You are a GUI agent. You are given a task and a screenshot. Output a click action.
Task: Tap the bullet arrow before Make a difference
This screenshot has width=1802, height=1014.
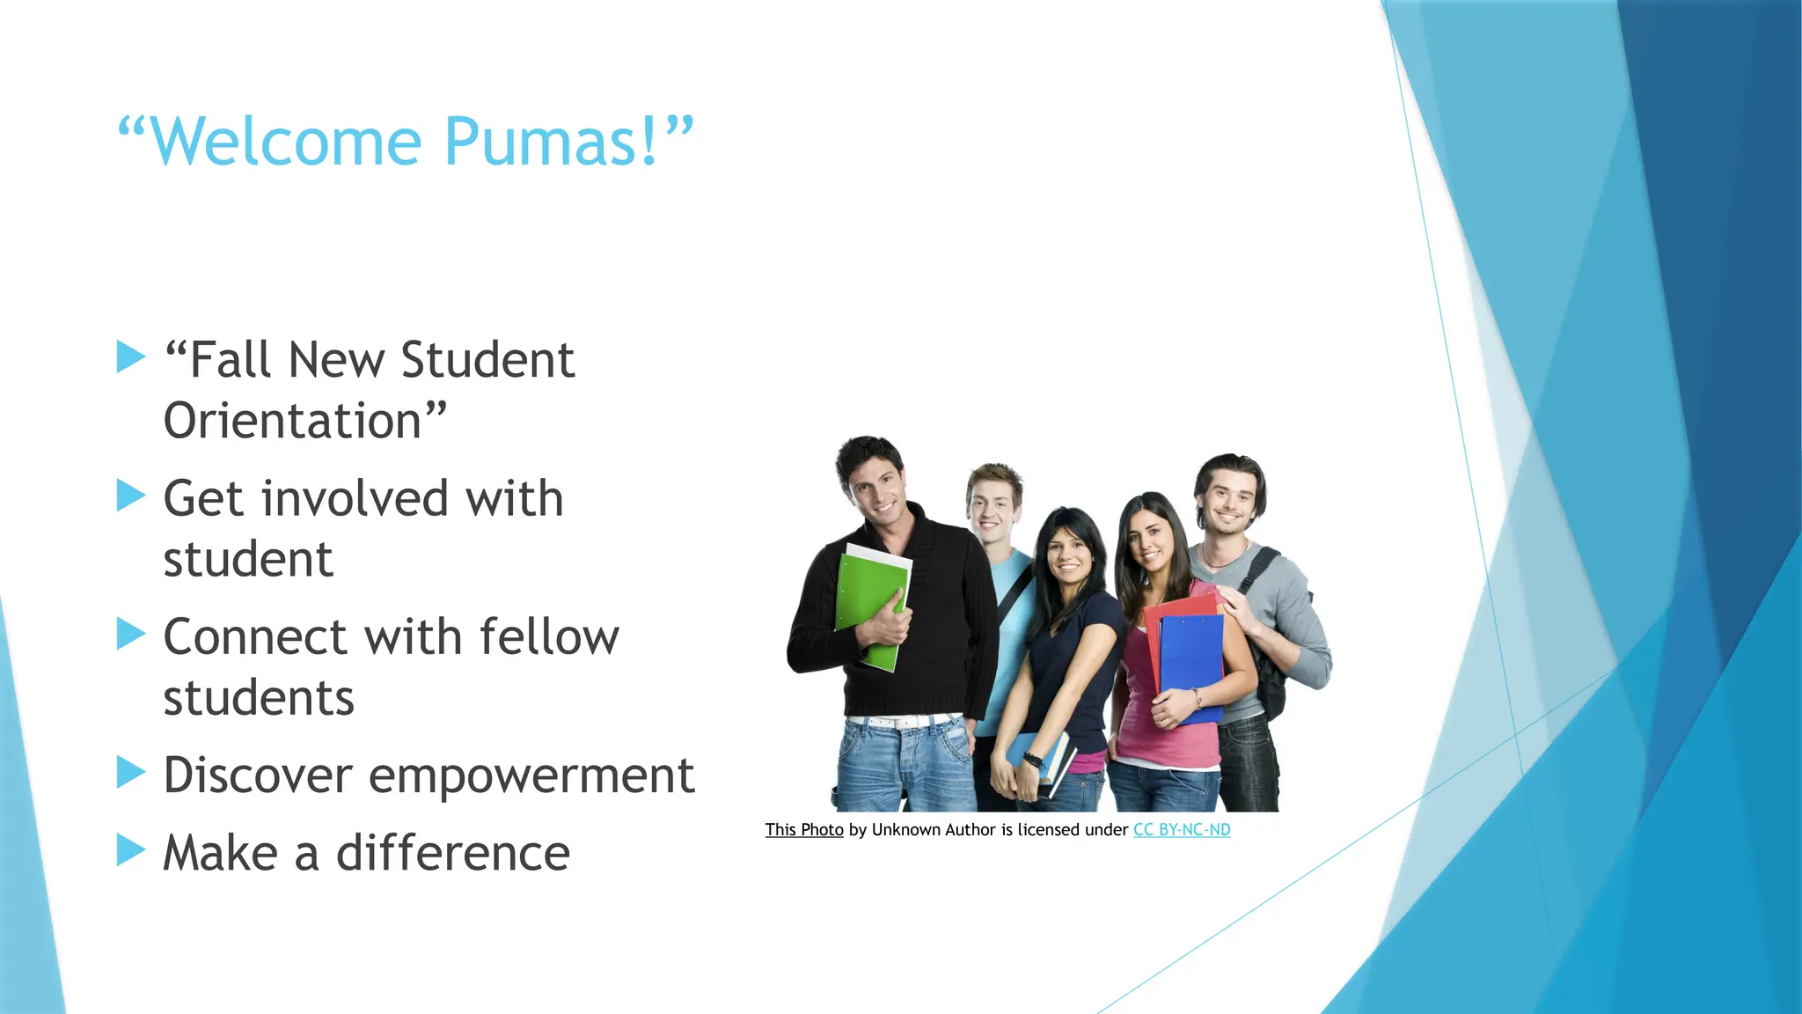click(x=131, y=850)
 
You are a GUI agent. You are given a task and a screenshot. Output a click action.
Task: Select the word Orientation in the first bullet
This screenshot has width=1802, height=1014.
click(x=293, y=421)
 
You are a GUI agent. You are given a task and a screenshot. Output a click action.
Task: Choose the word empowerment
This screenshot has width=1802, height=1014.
click(x=531, y=776)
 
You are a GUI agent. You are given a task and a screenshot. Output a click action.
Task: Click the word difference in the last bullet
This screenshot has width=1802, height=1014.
click(x=453, y=854)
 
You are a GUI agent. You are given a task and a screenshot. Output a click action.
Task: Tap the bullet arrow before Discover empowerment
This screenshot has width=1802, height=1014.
click(x=131, y=772)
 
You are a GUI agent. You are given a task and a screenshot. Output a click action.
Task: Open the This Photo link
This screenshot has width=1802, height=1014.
click(x=803, y=829)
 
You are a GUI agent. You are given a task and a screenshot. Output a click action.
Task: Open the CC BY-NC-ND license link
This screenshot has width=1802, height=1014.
click(x=1181, y=829)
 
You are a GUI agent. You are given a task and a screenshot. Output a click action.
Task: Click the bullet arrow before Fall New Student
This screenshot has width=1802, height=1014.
click(x=131, y=357)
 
